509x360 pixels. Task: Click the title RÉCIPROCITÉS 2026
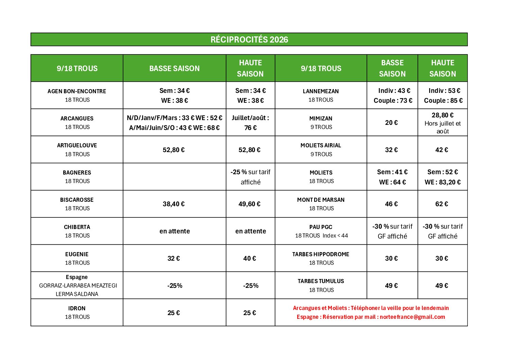(249, 39)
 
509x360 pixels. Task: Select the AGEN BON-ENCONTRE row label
(77, 91)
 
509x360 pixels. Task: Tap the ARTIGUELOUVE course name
(77, 145)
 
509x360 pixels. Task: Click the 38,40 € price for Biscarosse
(173, 204)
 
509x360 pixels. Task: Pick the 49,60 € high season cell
(249, 204)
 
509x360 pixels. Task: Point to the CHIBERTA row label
(77, 227)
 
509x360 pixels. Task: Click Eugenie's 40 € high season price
(249, 258)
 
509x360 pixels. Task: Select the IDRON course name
(77, 308)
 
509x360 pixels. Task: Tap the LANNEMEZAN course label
(321, 91)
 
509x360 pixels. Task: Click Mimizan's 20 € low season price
(391, 122)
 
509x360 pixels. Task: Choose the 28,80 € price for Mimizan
(442, 115)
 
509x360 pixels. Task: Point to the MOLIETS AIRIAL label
(321, 145)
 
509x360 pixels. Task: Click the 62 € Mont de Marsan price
(442, 204)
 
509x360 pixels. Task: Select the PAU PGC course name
(321, 227)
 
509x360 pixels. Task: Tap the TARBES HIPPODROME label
(321, 254)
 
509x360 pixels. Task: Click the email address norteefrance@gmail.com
(412, 317)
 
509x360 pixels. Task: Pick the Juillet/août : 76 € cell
(250, 122)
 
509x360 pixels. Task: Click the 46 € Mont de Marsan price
(391, 204)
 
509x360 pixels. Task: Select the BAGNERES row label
(77, 173)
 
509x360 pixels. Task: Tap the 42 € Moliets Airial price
(442, 150)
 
